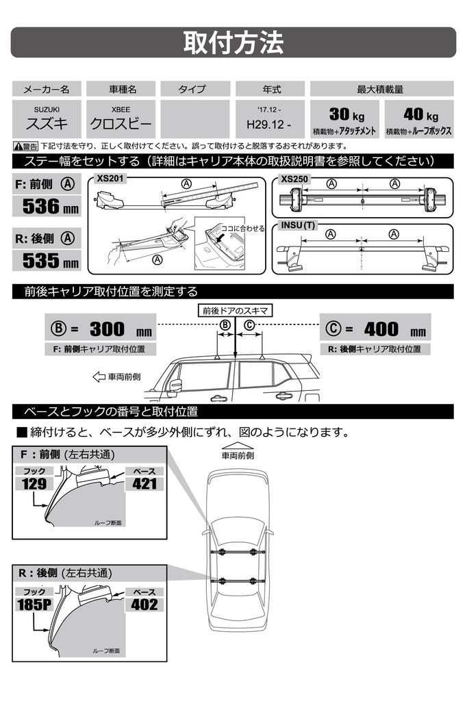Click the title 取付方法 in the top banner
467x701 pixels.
coord(233,42)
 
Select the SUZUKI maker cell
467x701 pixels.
coord(47,118)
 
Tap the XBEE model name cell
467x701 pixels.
coord(123,118)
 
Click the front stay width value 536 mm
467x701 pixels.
coord(47,205)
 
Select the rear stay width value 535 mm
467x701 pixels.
coord(47,261)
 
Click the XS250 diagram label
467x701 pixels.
coord(294,178)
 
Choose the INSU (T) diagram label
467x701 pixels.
coord(299,226)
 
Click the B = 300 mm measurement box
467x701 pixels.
coord(100,329)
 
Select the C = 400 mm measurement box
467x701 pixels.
coord(375,329)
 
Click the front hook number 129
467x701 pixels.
coord(34,483)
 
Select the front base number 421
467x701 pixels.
coord(144,483)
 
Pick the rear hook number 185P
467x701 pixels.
coord(34,604)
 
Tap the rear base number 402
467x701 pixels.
coord(144,604)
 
